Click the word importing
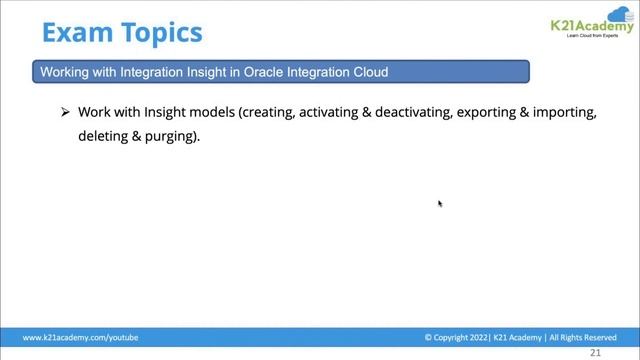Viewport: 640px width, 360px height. point(564,113)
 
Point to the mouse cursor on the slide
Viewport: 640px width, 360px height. point(440,204)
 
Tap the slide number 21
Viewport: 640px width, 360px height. point(596,353)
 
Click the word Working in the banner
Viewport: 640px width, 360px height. point(63,72)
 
